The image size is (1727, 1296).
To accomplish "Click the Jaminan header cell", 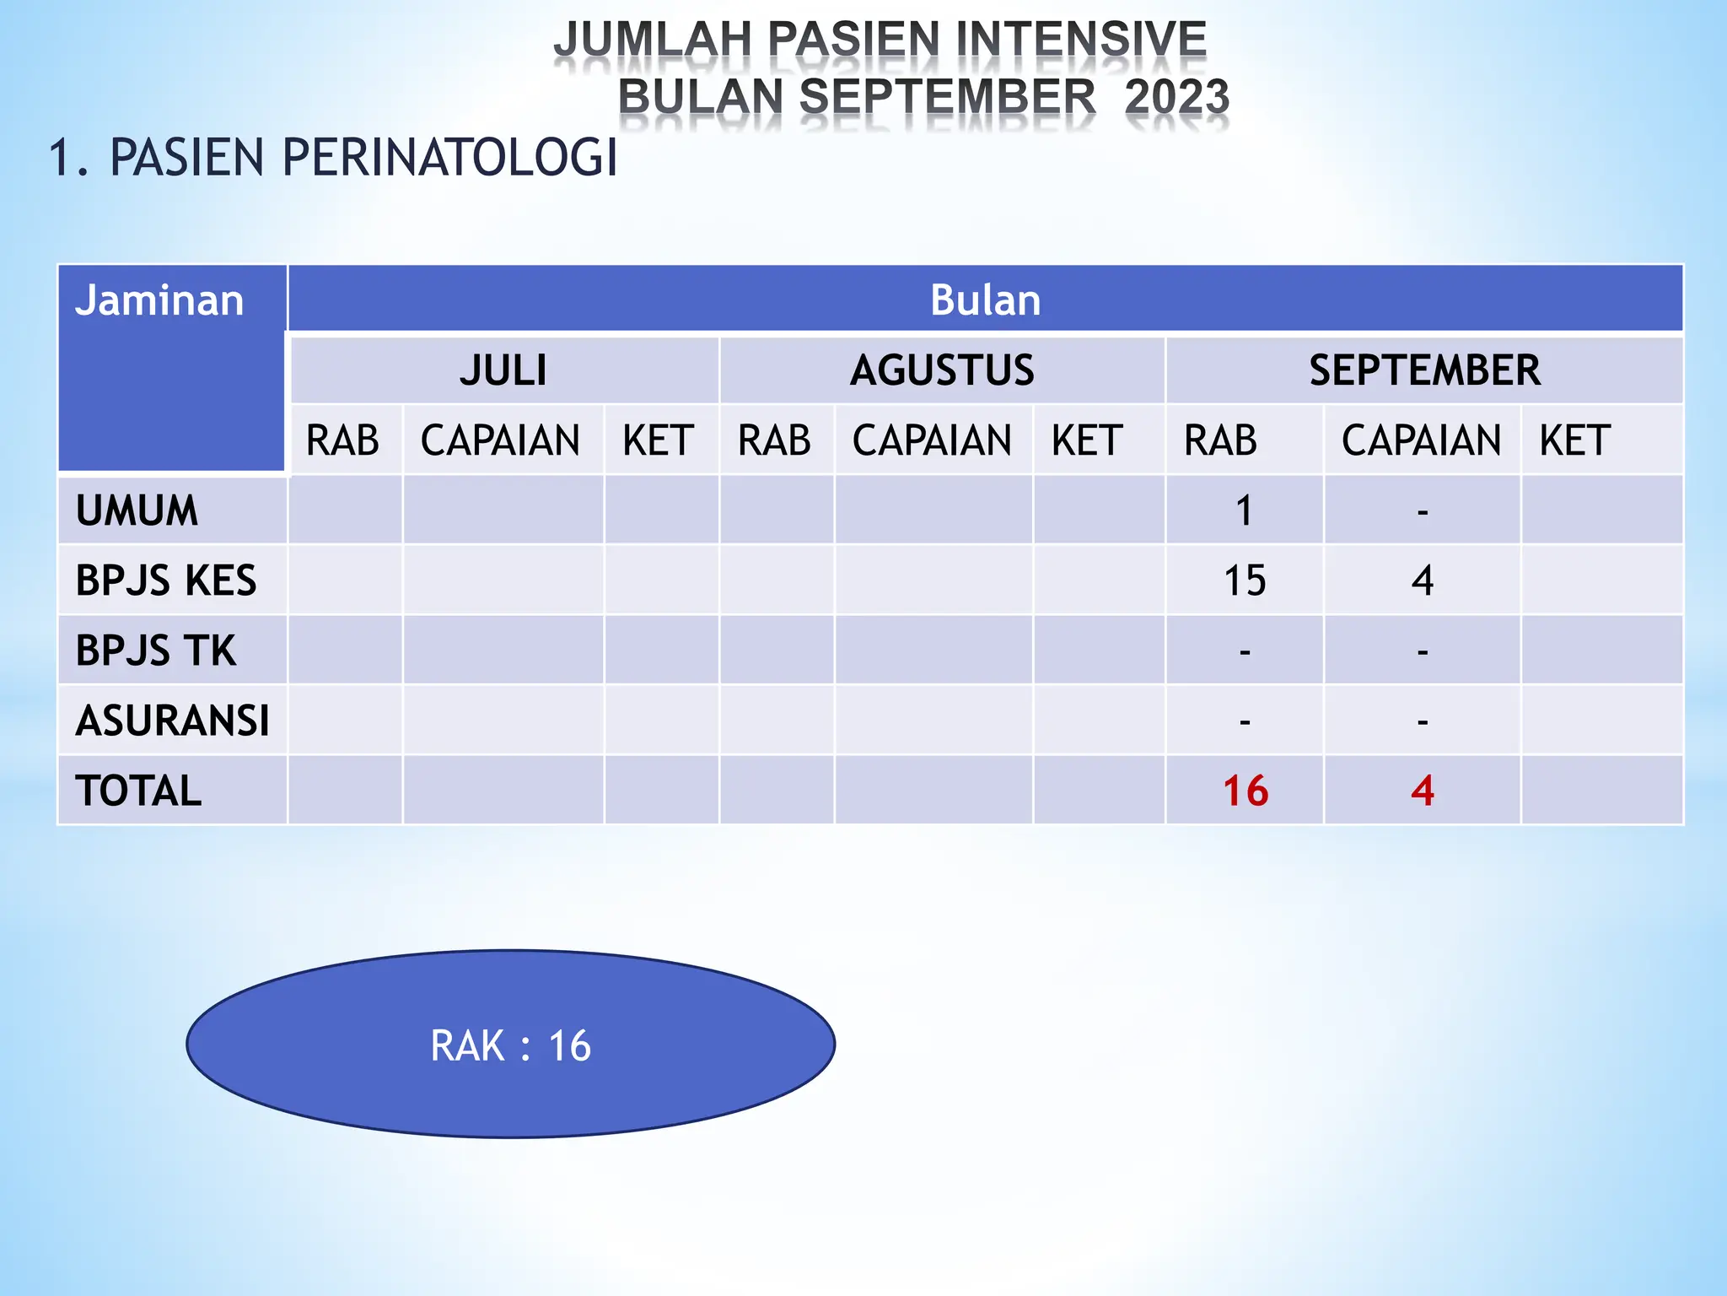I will click(159, 301).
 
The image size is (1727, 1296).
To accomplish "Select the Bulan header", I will click(985, 300).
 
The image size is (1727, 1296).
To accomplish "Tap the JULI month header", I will click(503, 370).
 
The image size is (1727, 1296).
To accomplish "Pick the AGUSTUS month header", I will click(942, 370).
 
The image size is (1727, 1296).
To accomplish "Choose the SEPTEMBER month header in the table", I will click(1424, 370).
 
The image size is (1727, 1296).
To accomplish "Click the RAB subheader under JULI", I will click(342, 440).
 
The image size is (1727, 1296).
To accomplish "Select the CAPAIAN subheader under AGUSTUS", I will click(932, 440).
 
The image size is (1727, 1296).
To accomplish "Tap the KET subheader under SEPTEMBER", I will click(1574, 440).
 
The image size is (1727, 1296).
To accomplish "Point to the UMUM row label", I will click(137, 510).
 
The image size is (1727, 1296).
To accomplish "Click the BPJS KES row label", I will click(165, 580).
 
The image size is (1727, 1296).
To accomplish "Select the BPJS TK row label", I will click(156, 651).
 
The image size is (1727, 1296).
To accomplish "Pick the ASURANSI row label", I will click(172, 721).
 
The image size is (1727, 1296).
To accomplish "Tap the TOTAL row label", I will click(138, 791).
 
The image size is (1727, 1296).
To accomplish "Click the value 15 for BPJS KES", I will click(1245, 580).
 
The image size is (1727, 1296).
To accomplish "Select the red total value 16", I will click(1245, 791).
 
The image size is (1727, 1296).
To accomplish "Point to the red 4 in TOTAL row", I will click(1423, 791).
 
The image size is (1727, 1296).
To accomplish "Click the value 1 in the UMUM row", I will click(1245, 510).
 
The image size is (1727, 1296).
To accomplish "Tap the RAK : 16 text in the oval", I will click(510, 1045).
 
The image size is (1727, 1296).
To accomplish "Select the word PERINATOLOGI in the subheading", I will click(449, 158).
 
